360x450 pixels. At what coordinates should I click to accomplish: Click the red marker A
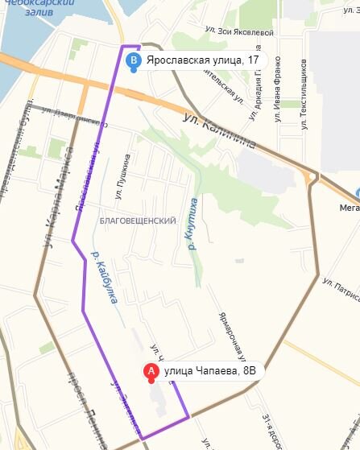pos(149,372)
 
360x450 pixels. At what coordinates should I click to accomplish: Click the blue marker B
pos(134,60)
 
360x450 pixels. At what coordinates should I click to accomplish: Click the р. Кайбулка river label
pos(106,279)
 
